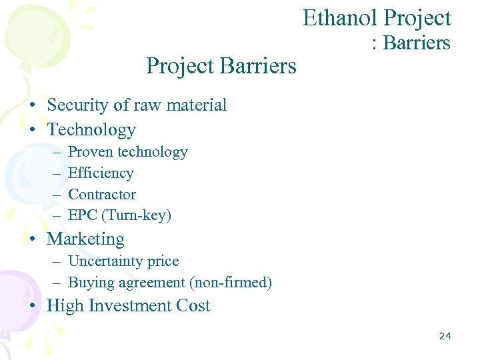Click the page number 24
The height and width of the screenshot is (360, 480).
point(445,336)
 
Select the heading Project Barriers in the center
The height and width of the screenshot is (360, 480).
point(221,66)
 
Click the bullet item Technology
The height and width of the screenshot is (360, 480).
point(91,129)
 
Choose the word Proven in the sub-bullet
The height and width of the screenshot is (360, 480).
point(91,152)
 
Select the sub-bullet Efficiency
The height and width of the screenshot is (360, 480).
point(101,173)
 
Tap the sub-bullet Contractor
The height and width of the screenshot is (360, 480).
point(102,195)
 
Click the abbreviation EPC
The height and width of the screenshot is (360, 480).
point(82,215)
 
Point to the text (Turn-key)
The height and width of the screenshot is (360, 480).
point(136,215)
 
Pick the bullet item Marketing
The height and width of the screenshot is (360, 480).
point(85,239)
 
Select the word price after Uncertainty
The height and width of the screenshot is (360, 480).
point(162,261)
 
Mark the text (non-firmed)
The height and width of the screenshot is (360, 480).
point(231,283)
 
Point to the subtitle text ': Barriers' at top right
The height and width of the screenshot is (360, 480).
point(411,43)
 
